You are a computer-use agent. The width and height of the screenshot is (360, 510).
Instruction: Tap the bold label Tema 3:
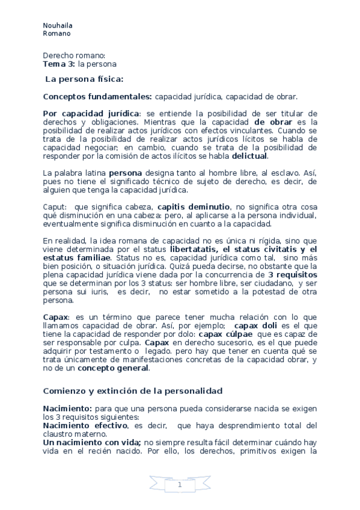click(59, 63)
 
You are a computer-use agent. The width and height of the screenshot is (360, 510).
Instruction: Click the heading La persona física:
click(85, 79)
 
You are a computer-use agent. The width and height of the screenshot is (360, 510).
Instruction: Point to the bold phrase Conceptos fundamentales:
click(98, 96)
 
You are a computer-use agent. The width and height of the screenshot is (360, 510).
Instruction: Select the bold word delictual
click(250, 156)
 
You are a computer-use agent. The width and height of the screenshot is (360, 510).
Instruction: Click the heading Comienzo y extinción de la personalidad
click(133, 391)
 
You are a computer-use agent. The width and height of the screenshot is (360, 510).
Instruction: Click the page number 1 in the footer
click(180, 485)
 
